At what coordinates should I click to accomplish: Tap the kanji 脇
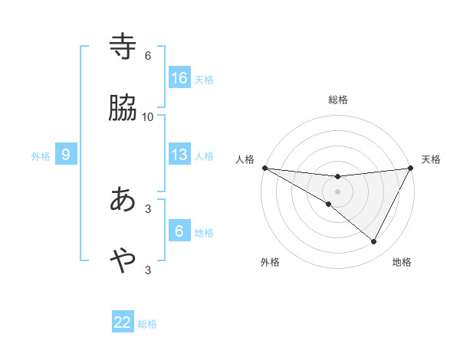pyautogui.click(x=123, y=109)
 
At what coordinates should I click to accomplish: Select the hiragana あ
pyautogui.click(x=123, y=200)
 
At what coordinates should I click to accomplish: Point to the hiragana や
pyautogui.click(x=123, y=261)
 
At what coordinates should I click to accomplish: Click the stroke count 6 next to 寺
pyautogui.click(x=148, y=56)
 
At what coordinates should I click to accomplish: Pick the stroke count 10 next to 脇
pyautogui.click(x=148, y=116)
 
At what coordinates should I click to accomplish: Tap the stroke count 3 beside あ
pyautogui.click(x=148, y=208)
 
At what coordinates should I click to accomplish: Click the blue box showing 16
pyautogui.click(x=179, y=77)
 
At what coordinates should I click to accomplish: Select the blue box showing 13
pyautogui.click(x=179, y=155)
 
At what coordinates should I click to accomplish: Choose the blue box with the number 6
pyautogui.click(x=179, y=231)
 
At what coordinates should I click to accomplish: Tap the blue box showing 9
pyautogui.click(x=66, y=155)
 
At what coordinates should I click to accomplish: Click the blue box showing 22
pyautogui.click(x=123, y=322)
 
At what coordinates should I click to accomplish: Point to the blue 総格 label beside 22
pyautogui.click(x=147, y=324)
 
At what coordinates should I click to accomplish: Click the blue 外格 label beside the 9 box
pyautogui.click(x=41, y=156)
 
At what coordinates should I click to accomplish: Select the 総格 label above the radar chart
pyautogui.click(x=338, y=100)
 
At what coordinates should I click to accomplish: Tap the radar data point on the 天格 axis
pyautogui.click(x=411, y=168)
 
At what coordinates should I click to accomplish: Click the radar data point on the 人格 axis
pyautogui.click(x=264, y=168)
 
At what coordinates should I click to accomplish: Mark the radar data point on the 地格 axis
pyautogui.click(x=374, y=241)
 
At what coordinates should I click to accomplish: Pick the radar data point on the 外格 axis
pyautogui.click(x=329, y=205)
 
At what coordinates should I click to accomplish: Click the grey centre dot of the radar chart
pyautogui.click(x=338, y=191)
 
